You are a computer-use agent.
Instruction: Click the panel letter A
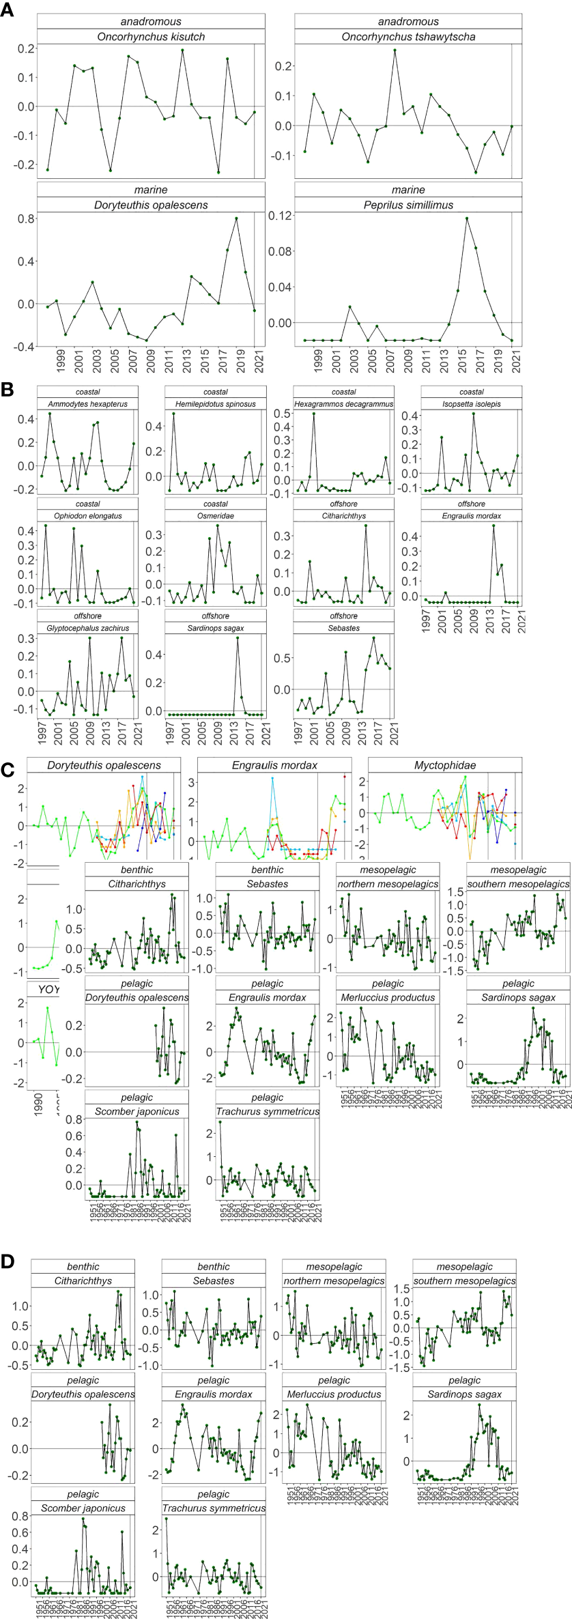(x=8, y=12)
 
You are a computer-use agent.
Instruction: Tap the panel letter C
(x=8, y=770)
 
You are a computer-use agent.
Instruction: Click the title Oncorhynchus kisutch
(x=151, y=37)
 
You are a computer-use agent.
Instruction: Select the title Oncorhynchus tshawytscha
(x=408, y=37)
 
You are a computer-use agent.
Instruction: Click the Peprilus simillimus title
(x=408, y=205)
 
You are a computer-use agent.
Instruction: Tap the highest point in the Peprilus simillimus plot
(x=467, y=218)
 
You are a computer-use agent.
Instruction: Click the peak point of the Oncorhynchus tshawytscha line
(x=395, y=50)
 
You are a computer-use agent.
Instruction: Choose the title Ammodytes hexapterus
(x=87, y=404)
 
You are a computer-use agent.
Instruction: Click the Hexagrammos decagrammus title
(x=343, y=404)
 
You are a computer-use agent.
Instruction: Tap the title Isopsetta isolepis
(x=472, y=404)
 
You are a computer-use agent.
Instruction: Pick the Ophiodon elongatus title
(x=87, y=516)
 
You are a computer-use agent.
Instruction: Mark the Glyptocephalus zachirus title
(x=87, y=628)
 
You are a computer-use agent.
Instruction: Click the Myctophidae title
(x=445, y=765)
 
